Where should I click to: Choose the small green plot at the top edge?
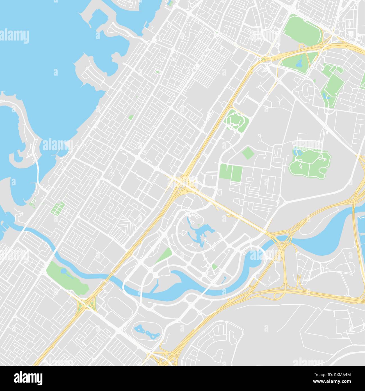pyautogui.click(x=170, y=3)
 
